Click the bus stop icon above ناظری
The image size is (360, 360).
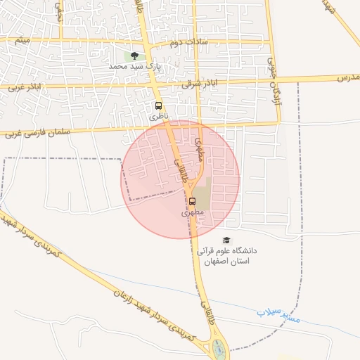(158, 106)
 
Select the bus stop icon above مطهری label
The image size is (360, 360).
(193, 201)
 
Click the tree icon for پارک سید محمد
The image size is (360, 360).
(134, 55)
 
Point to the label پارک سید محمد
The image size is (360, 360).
(135, 66)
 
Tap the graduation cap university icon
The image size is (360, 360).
(226, 240)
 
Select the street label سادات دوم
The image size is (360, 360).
(184, 44)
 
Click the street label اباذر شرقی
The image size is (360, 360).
(196, 83)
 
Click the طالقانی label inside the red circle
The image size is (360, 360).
(182, 171)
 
